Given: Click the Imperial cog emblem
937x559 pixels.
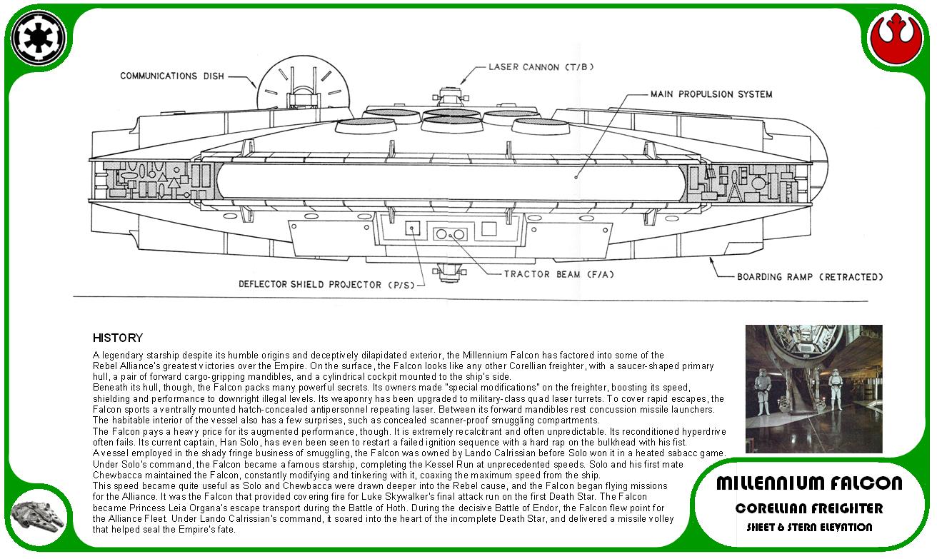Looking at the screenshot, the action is coord(38,38).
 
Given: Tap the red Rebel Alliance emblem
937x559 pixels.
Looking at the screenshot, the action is coord(896,39).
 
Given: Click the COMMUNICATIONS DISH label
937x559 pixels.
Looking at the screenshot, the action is coord(172,76).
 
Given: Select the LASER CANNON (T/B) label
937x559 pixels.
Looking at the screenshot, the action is coord(541,67).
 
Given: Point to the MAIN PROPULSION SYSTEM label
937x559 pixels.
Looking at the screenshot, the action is coord(711,94).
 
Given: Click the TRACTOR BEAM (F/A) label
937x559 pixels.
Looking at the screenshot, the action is coord(559,274).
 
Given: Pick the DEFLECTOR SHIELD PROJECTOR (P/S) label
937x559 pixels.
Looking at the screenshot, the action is coord(326,285).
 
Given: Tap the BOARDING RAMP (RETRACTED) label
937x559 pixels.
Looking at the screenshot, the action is coord(810,277).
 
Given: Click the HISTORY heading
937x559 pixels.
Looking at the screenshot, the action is coord(118,338).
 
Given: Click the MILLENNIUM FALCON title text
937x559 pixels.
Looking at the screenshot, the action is coord(809,483).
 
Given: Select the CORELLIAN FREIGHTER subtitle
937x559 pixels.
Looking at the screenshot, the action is coord(809,508).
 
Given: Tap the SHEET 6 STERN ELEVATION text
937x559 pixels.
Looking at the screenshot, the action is coord(809,527).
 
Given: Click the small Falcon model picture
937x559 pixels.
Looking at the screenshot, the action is coord(38,519).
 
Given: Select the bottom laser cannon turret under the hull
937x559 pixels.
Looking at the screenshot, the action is coord(449,272).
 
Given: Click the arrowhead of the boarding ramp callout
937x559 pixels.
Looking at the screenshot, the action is coord(711,260).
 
